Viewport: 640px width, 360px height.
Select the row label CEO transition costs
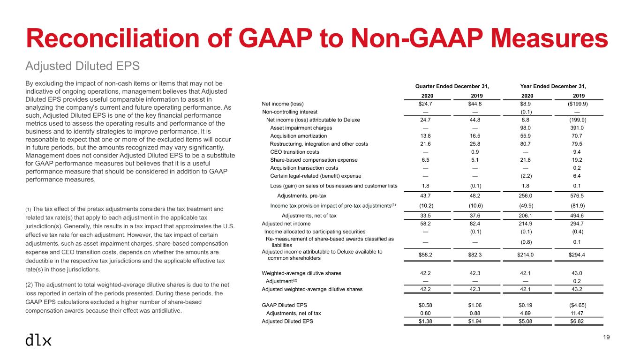point(295,152)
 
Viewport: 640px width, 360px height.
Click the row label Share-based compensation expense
point(314,160)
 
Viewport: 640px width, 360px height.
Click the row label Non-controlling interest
point(290,112)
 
